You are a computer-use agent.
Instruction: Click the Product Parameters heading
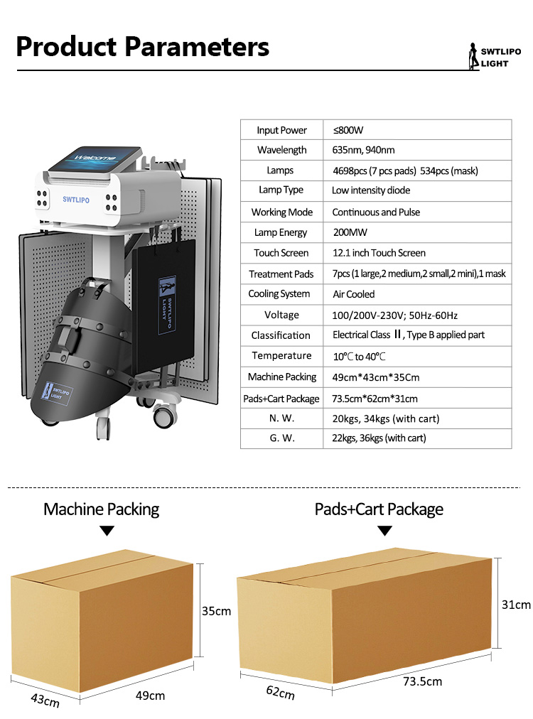coord(143,47)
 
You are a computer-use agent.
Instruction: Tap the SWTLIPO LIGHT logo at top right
coord(494,58)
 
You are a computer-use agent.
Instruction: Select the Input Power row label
coord(281,130)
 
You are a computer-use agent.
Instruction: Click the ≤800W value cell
coord(348,130)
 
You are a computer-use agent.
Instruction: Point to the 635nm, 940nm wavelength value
coord(363,150)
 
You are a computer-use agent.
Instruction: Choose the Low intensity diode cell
coord(371,190)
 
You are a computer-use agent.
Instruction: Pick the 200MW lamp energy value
coord(350,232)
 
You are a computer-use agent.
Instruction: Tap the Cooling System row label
coord(279,294)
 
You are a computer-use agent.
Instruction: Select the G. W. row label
coord(282,438)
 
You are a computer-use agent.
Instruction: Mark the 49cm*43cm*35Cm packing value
coord(375,377)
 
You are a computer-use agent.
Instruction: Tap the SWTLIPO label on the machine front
coord(77,200)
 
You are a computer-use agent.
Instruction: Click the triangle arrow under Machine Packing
coord(107,531)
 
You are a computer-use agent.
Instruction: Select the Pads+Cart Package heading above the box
coord(379,509)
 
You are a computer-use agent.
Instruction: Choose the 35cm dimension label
coord(216,611)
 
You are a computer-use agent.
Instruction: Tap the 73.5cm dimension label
coord(422,682)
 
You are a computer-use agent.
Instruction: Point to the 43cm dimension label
coord(45,701)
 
